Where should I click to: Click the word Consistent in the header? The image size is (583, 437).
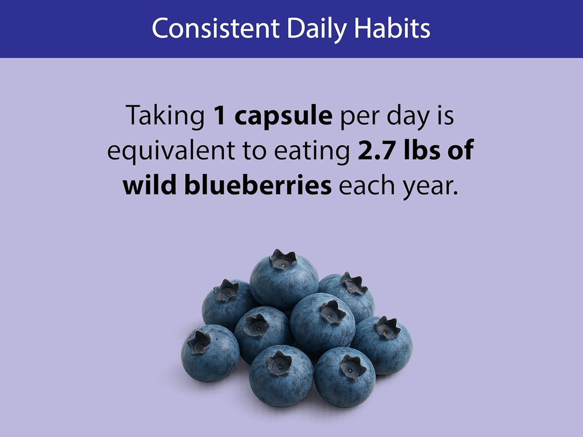(x=216, y=28)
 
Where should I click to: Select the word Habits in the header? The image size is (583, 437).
(x=392, y=28)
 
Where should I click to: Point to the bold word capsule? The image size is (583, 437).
(x=284, y=117)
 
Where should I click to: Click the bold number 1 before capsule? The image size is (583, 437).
(x=220, y=116)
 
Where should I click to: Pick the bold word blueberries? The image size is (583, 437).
(x=258, y=185)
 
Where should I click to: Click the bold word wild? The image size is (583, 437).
(x=150, y=185)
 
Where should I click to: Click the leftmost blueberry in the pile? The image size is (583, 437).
(x=210, y=353)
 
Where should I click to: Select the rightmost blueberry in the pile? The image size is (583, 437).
(x=383, y=345)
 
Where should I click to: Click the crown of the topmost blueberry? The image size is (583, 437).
(x=283, y=259)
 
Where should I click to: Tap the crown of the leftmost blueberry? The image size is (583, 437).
(x=199, y=342)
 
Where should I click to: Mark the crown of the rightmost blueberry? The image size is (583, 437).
(x=387, y=328)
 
